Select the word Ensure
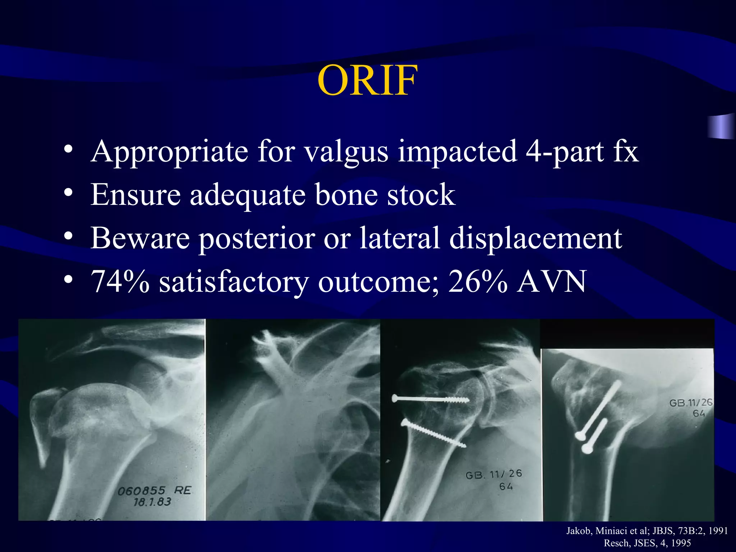click(x=135, y=194)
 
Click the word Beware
click(x=140, y=238)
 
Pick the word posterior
click(x=257, y=239)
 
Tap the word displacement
click(x=535, y=238)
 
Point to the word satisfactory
click(x=234, y=282)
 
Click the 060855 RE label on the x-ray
click(x=155, y=491)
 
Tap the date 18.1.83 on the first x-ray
click(x=152, y=502)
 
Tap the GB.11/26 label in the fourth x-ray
click(x=690, y=402)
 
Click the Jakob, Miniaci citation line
click(x=647, y=531)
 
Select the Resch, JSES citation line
click(x=647, y=543)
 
